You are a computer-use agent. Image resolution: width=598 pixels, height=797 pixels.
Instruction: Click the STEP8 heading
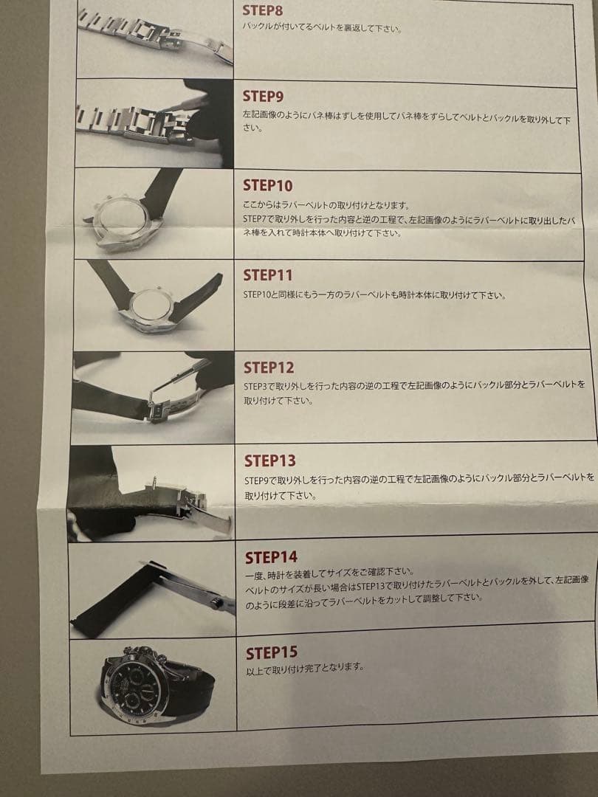click(262, 10)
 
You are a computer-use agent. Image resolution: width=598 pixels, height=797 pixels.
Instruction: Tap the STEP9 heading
click(263, 97)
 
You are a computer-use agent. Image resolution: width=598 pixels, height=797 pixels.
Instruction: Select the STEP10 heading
click(267, 185)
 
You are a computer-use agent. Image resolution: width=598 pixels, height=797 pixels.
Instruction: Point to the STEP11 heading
click(267, 275)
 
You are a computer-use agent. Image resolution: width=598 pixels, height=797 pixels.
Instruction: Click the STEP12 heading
click(269, 368)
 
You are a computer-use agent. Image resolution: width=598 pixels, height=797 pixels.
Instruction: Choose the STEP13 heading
click(269, 461)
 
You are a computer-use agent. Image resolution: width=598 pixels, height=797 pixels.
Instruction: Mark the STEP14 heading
click(271, 558)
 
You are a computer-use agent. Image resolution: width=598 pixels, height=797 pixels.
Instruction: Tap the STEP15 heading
click(272, 652)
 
